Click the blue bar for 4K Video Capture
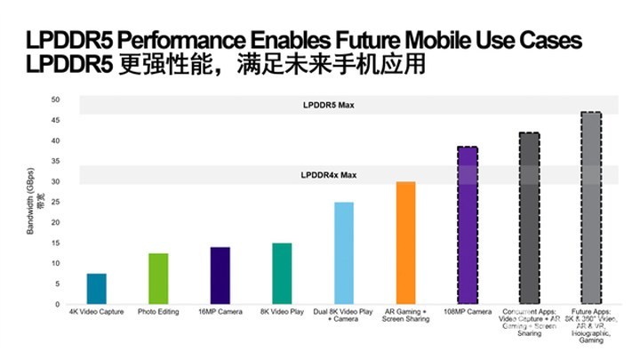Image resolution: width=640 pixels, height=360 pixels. pos(97,289)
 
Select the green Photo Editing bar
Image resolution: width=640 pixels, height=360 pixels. pos(158,278)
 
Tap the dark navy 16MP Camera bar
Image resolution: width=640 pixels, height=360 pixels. pos(220,276)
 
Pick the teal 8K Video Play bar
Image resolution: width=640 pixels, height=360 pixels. pos(282,274)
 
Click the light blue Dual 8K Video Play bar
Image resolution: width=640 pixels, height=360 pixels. pos(343,253)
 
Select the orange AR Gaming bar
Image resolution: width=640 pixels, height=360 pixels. pos(405,243)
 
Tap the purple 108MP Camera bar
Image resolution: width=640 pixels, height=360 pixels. pos(468,226)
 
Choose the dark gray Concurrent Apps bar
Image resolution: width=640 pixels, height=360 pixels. pos(529,219)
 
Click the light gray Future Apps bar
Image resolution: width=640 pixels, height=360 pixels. pos(590,208)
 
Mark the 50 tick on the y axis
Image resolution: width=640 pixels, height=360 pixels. pos(55,100)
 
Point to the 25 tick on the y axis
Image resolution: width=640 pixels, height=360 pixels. pos(55,203)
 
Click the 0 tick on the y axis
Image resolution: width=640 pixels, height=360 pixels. pos(58,305)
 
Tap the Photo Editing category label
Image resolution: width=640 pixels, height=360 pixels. pos(158,313)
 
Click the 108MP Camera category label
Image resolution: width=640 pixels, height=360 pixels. pos(468,313)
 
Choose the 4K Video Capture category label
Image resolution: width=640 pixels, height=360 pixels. pos(96,313)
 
